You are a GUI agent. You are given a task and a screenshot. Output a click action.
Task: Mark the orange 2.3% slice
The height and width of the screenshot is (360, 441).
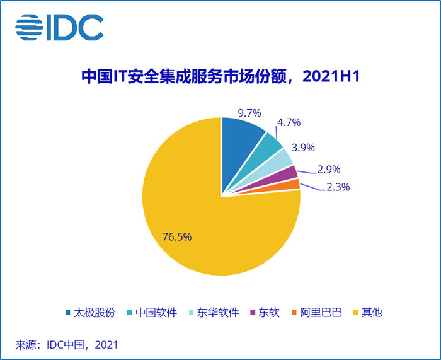tap(292, 184)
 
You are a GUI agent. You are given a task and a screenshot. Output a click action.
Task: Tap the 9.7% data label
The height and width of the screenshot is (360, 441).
tap(249, 113)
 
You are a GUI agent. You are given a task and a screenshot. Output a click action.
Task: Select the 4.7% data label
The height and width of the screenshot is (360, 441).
tap(289, 122)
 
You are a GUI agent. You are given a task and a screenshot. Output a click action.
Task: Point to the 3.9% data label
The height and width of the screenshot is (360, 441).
tap(303, 147)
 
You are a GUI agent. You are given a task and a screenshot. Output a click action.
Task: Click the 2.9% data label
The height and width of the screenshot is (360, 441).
tap(329, 169)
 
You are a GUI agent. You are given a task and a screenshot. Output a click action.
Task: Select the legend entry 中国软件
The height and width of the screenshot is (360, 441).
tap(155, 312)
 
